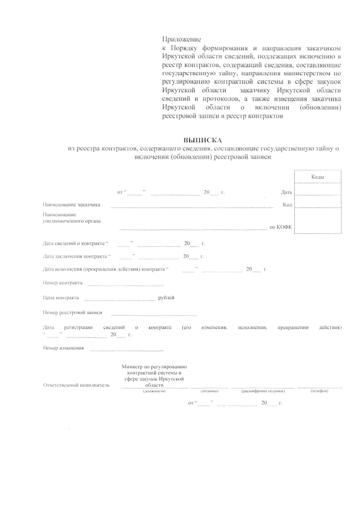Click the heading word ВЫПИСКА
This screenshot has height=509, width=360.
(203, 139)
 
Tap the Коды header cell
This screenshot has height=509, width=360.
(318, 177)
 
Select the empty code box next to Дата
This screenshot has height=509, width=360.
(318, 192)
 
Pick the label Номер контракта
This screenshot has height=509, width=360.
(62, 282)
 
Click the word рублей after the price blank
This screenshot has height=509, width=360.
(167, 297)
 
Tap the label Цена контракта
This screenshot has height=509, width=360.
(61, 297)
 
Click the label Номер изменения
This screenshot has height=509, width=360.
(64, 349)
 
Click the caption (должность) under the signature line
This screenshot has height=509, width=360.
(154, 390)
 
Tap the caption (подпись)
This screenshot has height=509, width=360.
(209, 390)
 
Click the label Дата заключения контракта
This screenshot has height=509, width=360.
(76, 256)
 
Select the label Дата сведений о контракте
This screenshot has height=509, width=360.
(74, 244)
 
